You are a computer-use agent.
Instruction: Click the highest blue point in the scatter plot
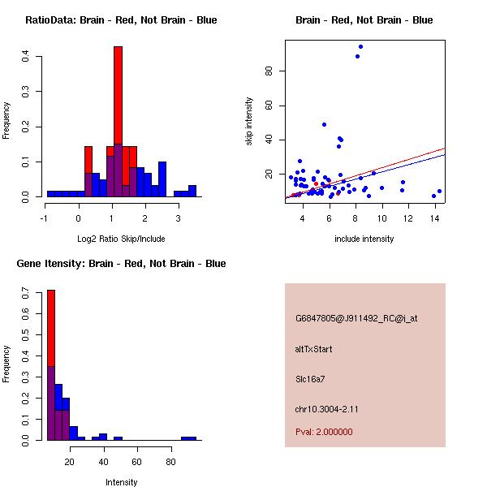click(360, 46)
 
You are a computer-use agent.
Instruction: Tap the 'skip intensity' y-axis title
click(249, 121)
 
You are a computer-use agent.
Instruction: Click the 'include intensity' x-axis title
click(364, 239)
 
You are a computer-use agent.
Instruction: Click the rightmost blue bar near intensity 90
click(188, 438)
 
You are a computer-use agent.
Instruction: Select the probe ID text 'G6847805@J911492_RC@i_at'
click(356, 319)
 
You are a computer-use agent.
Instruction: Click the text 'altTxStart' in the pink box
click(314, 349)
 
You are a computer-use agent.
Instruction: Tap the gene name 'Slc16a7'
click(311, 378)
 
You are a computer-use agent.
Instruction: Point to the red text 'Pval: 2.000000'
click(324, 432)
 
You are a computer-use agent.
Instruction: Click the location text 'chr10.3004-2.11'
click(327, 408)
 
